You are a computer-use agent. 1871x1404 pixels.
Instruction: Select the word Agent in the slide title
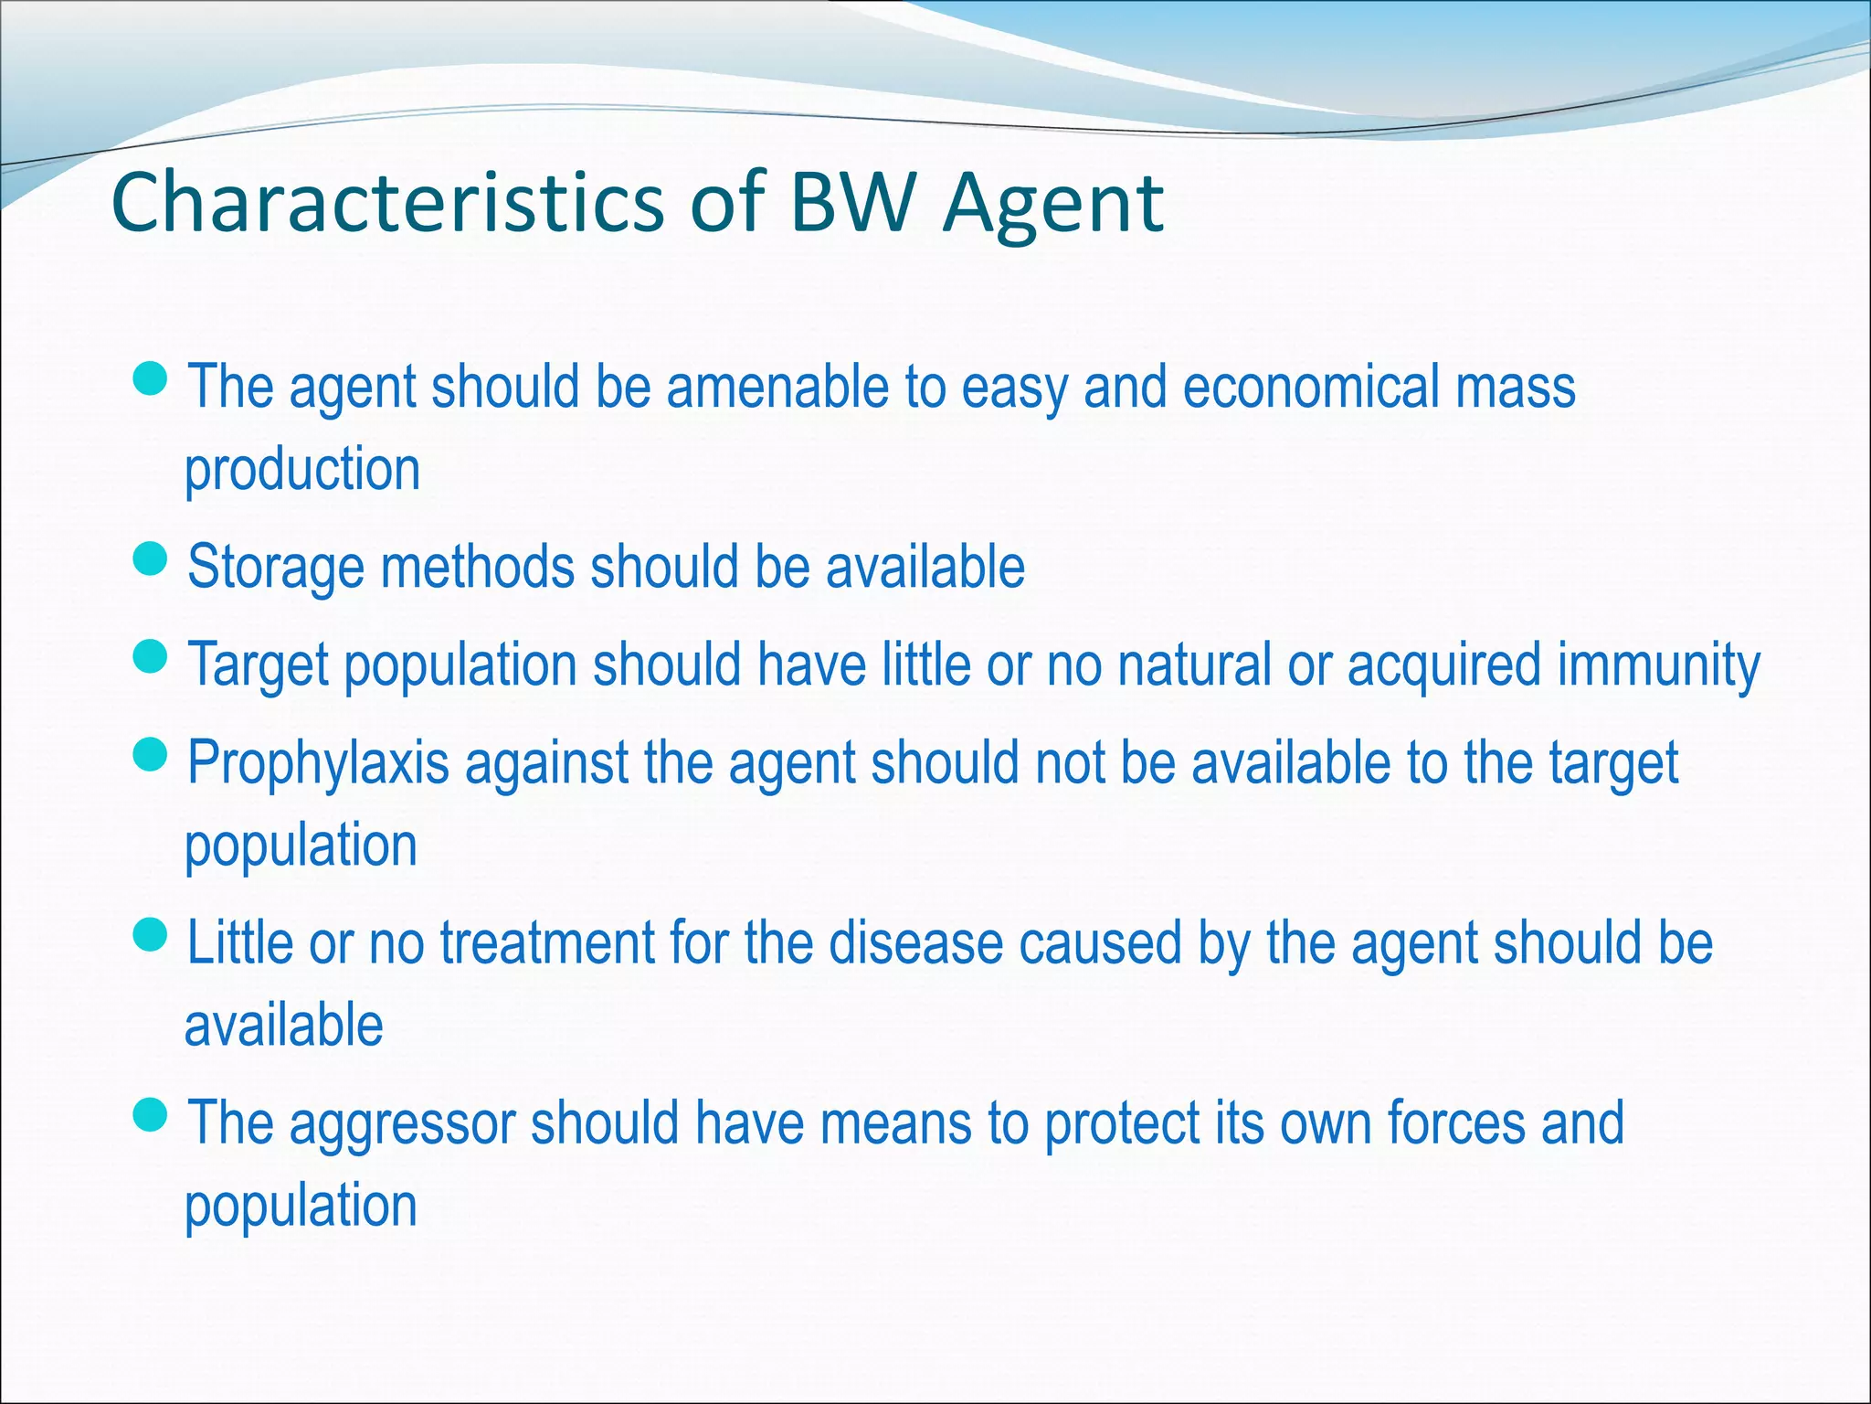pyautogui.click(x=1053, y=205)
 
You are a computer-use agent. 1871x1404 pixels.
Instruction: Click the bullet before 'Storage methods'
pyautogui.click(x=150, y=558)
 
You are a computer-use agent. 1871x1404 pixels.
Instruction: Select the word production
pyautogui.click(x=302, y=470)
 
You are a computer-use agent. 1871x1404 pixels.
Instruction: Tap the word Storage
pyautogui.click(x=275, y=569)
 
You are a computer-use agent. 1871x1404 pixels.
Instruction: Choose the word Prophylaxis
pyautogui.click(x=318, y=764)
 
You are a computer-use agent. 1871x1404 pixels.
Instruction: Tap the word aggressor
pyautogui.click(x=402, y=1124)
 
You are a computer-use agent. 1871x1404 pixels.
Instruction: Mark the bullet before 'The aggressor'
pyautogui.click(x=150, y=1114)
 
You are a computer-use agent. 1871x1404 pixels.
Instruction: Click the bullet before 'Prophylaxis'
pyautogui.click(x=150, y=754)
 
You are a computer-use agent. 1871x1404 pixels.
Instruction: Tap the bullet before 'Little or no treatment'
pyautogui.click(x=150, y=934)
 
